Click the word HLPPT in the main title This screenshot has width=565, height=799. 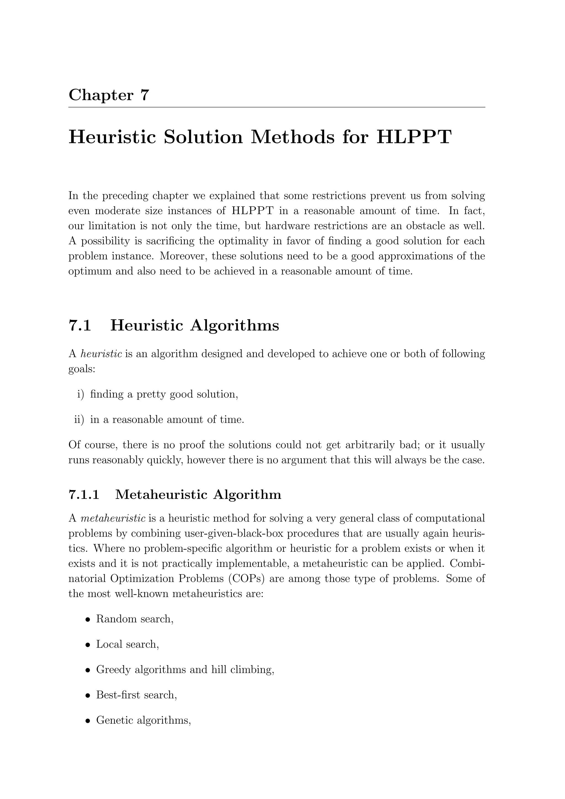click(x=414, y=137)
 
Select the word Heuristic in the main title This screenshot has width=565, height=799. click(x=112, y=137)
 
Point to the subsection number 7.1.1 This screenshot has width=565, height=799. click(x=84, y=494)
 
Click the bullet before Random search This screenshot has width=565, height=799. click(x=88, y=620)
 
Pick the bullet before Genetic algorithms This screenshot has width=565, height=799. click(x=88, y=721)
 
